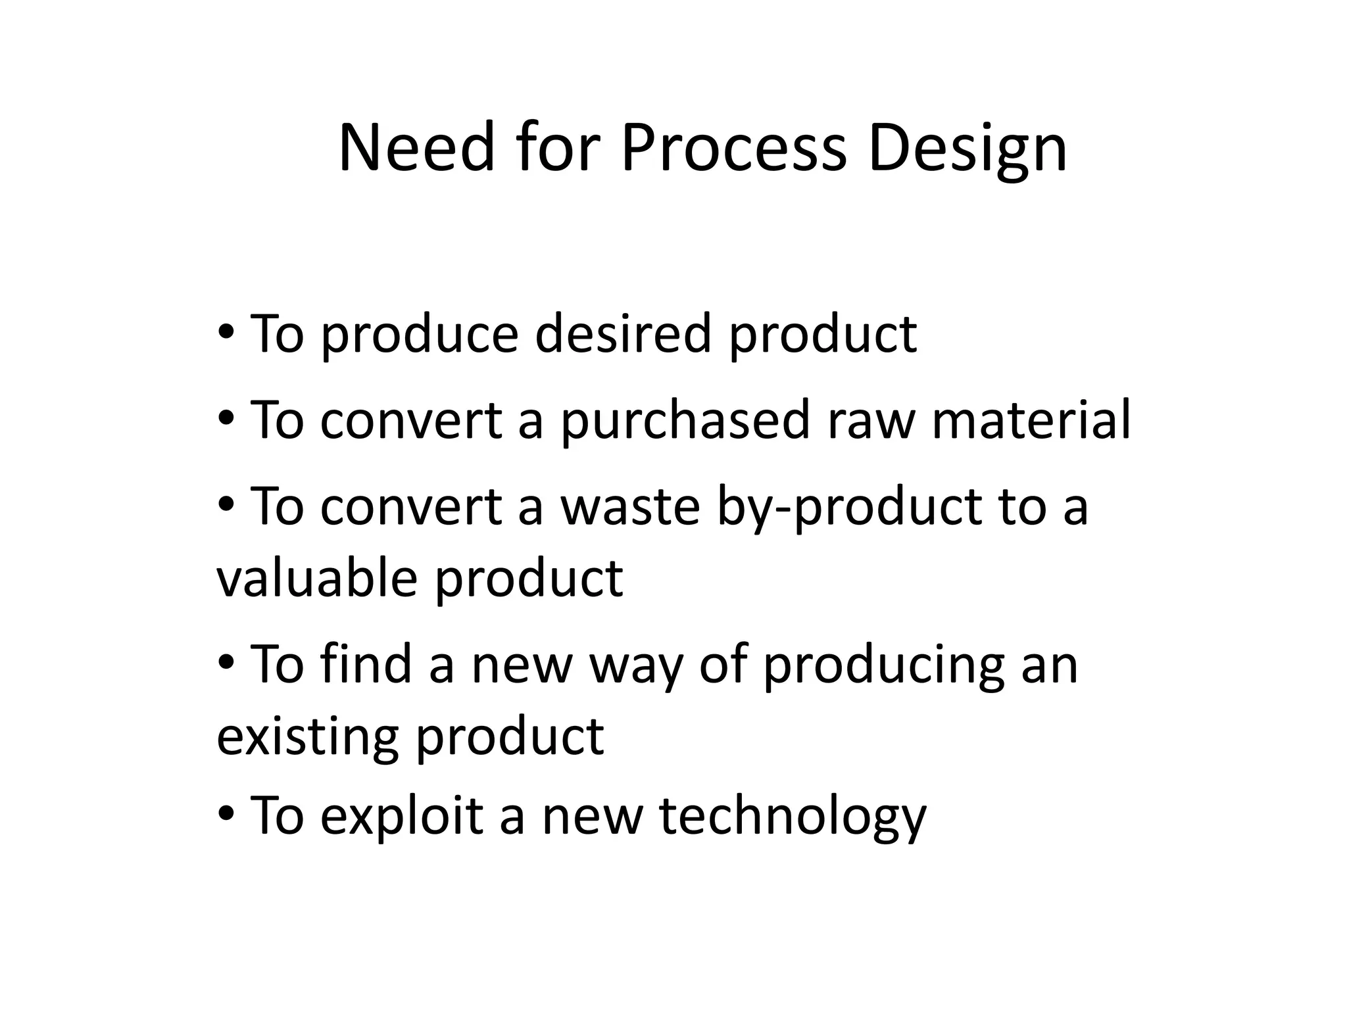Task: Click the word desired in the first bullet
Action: pyautogui.click(x=623, y=333)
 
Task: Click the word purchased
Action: pyautogui.click(x=685, y=421)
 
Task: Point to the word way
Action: pyautogui.click(x=635, y=666)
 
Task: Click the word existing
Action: pyautogui.click(x=307, y=736)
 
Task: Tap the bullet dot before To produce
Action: pyautogui.click(x=226, y=332)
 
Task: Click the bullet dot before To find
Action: pyautogui.click(x=226, y=663)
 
